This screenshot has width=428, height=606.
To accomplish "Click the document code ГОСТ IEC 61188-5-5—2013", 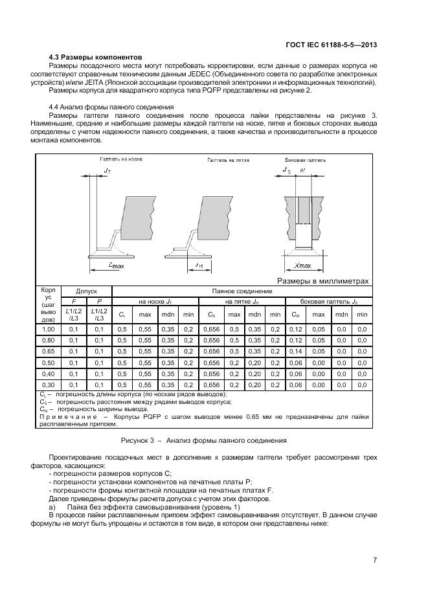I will click(331, 45).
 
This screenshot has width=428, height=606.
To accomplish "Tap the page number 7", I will click(375, 560).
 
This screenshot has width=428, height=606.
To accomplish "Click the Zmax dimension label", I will click(117, 265).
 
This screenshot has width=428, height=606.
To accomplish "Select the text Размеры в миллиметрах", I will click(322, 281).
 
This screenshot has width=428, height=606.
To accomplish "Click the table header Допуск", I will click(86, 291).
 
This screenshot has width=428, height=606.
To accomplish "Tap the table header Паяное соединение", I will click(240, 291).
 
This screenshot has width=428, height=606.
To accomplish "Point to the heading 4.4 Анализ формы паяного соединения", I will click(111, 107).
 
